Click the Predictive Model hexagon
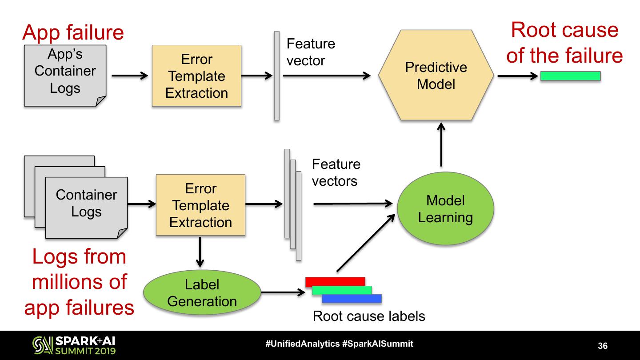pos(436,75)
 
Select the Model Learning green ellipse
pos(445,209)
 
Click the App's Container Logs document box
pos(65,76)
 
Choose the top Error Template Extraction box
pos(196,76)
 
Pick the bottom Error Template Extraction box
pos(200,205)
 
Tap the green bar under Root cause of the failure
pos(570,76)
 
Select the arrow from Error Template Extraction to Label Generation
pos(200,251)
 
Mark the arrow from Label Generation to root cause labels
pos(280,293)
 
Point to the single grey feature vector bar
pos(276,76)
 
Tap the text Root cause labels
pos(369,316)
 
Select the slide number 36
pos(603,346)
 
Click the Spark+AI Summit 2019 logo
pos(74,345)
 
